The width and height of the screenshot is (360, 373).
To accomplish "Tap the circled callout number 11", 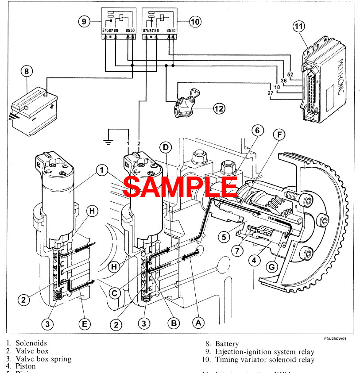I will [299, 27].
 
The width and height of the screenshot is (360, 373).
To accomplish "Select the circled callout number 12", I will [219, 108].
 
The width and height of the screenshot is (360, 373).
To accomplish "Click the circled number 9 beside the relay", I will [84, 21].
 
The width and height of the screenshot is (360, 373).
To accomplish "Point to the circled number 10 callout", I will [195, 21].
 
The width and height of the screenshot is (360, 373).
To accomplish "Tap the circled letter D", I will [165, 146].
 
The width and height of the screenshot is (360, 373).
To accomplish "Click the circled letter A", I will [198, 323].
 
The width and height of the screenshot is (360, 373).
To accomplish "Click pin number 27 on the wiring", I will [270, 93].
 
